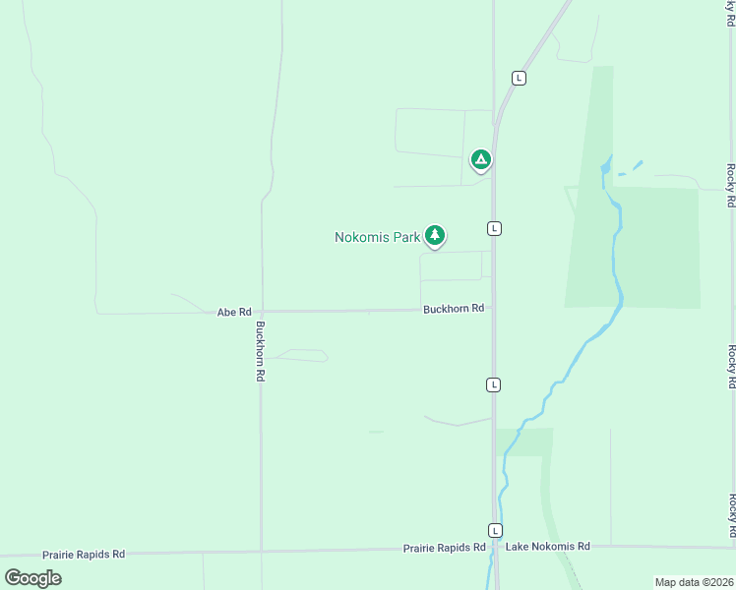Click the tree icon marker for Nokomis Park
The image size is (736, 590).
coord(435,235)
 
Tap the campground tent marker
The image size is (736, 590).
coord(480,158)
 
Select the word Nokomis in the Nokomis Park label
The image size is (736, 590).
coord(363,237)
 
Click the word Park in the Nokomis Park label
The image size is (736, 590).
coord(407,237)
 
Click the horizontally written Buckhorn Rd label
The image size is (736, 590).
coord(454,309)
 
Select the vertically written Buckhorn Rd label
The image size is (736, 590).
coord(261,351)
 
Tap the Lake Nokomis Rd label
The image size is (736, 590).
coord(547,546)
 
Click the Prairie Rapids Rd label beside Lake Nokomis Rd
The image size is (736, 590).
coord(445,548)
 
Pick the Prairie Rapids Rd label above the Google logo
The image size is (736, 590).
coord(83,555)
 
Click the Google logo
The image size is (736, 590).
coord(33,577)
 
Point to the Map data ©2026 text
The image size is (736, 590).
coord(694,582)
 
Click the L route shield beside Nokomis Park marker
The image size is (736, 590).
coord(494,228)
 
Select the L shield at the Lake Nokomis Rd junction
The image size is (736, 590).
coord(495,529)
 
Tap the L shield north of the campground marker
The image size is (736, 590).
coord(519,78)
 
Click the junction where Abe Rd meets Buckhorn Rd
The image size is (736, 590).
coord(262,312)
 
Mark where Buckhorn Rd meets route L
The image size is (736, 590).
coord(494,309)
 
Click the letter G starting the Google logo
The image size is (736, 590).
coord(14,577)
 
